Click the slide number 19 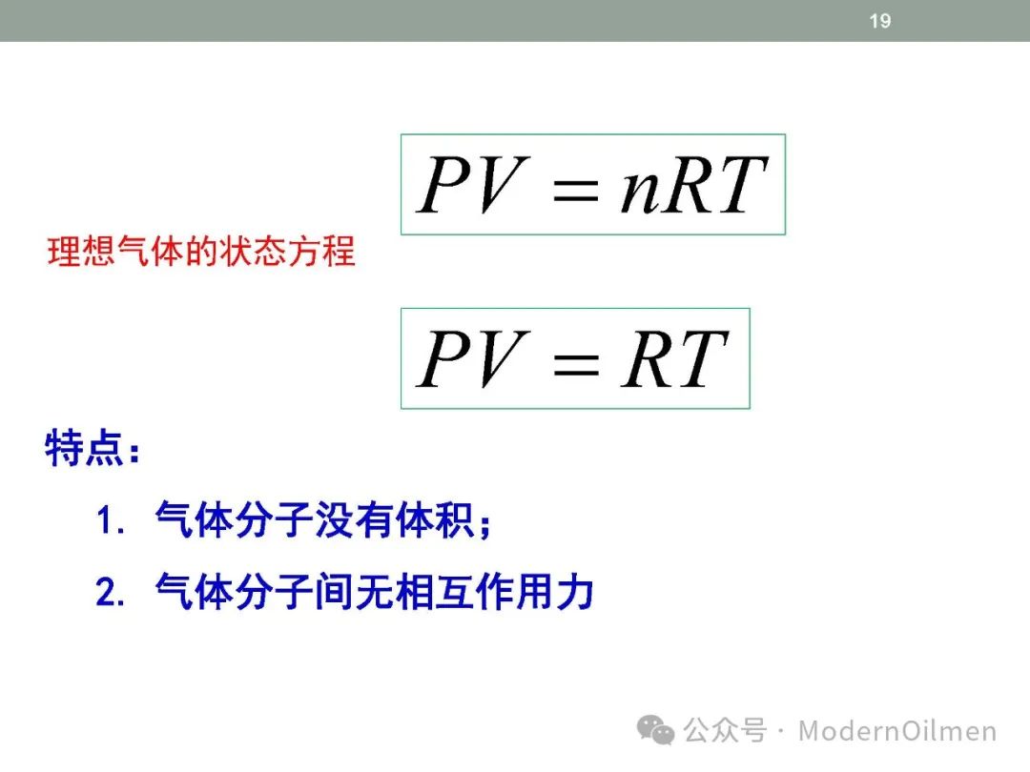click(880, 21)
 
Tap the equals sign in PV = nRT click(576, 189)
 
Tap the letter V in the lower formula click(503, 359)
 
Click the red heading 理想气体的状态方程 click(201, 252)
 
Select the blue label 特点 click(83, 448)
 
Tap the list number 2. click(105, 592)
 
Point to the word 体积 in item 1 click(435, 520)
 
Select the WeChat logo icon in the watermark click(655, 730)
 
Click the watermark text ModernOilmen click(897, 731)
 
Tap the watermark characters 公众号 click(725, 730)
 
